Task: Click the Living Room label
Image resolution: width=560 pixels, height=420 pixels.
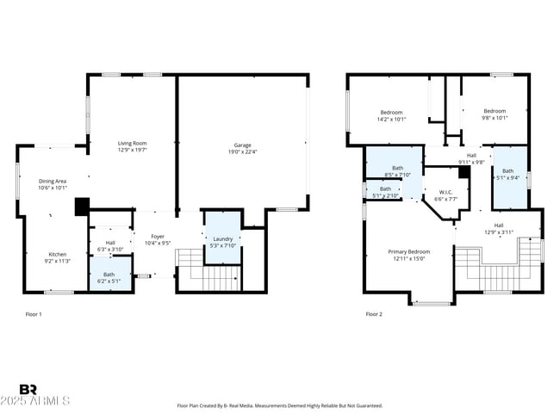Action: pyautogui.click(x=132, y=143)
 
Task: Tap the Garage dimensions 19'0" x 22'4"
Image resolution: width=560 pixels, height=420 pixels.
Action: pyautogui.click(x=243, y=151)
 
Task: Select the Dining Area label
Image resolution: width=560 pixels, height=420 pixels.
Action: pyautogui.click(x=53, y=182)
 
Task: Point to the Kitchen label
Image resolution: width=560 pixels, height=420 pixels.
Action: pyautogui.click(x=57, y=255)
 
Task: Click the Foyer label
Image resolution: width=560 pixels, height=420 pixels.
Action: pyautogui.click(x=157, y=236)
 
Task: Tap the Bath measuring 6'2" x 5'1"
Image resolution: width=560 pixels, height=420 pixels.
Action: pyautogui.click(x=109, y=277)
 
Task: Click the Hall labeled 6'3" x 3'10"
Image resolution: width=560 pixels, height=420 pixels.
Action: pyautogui.click(x=110, y=244)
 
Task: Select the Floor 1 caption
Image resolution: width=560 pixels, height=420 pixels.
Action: pyautogui.click(x=34, y=314)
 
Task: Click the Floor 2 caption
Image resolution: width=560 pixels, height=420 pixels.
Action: pyautogui.click(x=374, y=314)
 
